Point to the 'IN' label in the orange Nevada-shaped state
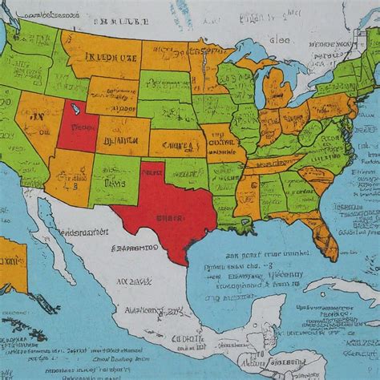point(37,117)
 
